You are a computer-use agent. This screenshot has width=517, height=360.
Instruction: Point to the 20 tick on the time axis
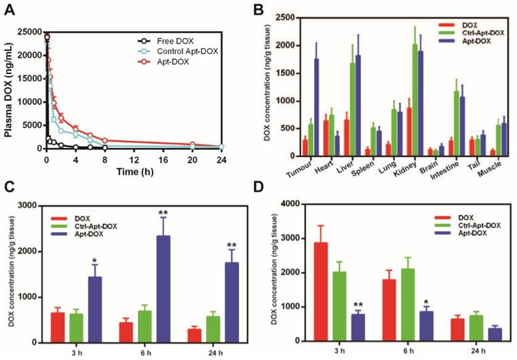[192, 159]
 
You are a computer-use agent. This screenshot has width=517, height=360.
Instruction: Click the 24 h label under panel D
[472, 353]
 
